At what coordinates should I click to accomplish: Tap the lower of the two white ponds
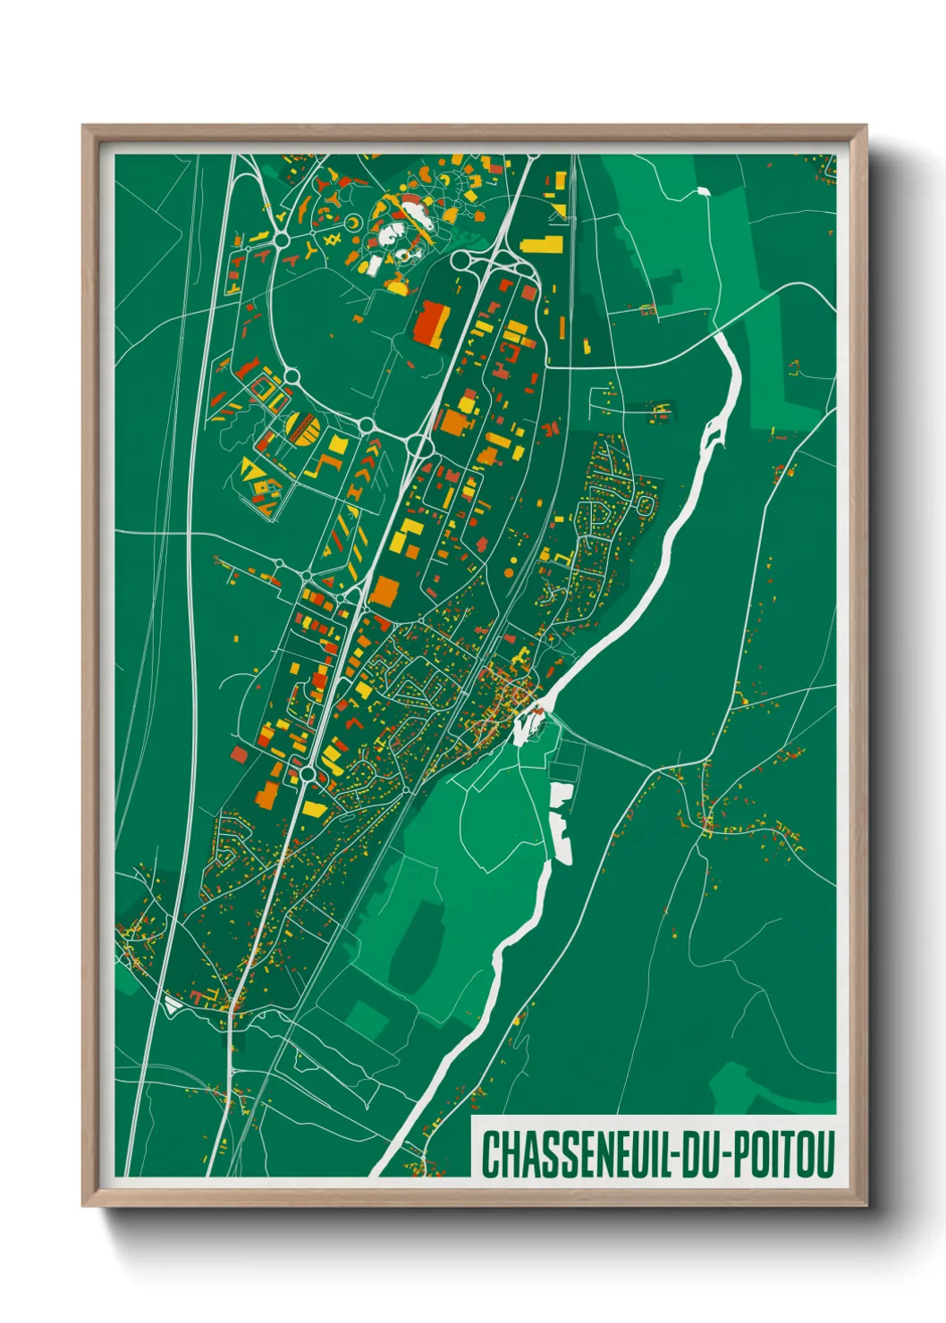[562, 845]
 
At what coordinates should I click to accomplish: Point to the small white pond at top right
[702, 190]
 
